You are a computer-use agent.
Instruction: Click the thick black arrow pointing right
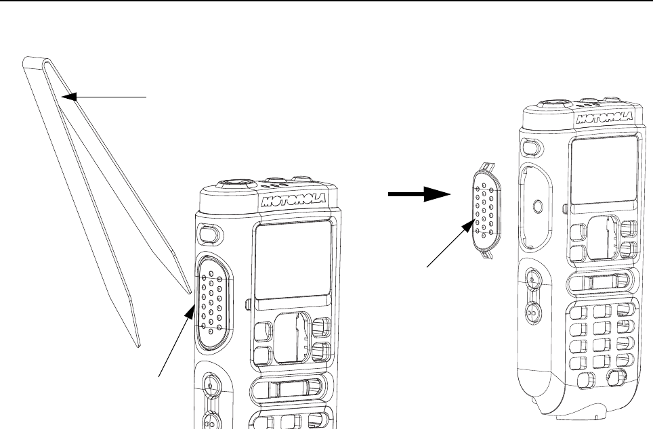coord(420,194)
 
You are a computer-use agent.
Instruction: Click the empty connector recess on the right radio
coord(535,203)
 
